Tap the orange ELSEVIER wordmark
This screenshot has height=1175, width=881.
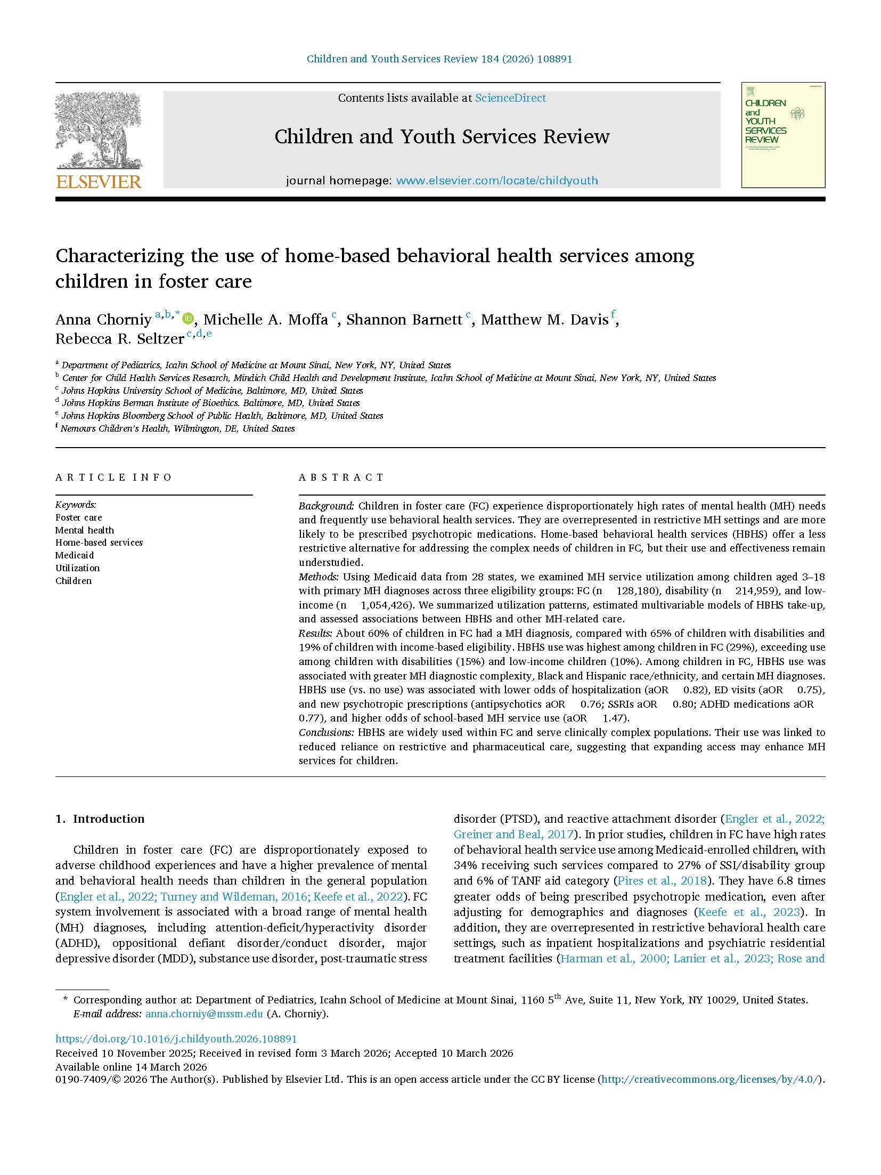(99, 182)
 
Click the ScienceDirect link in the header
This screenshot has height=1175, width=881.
(510, 98)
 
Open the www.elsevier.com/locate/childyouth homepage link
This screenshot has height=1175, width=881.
(496, 181)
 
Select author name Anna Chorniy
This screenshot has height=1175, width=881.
(103, 320)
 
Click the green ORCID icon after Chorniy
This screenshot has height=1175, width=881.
(188, 319)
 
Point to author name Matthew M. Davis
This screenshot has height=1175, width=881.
(544, 320)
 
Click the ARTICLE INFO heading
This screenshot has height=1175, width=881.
(113, 477)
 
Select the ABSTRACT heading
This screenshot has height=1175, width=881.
(341, 477)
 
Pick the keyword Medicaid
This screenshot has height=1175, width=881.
(75, 555)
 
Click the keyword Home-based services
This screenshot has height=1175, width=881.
(99, 542)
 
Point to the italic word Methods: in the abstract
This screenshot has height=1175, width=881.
(319, 577)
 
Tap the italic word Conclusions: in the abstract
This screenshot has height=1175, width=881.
(326, 732)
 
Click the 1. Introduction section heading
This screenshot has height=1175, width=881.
(100, 819)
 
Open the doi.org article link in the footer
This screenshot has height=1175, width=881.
(176, 1039)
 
